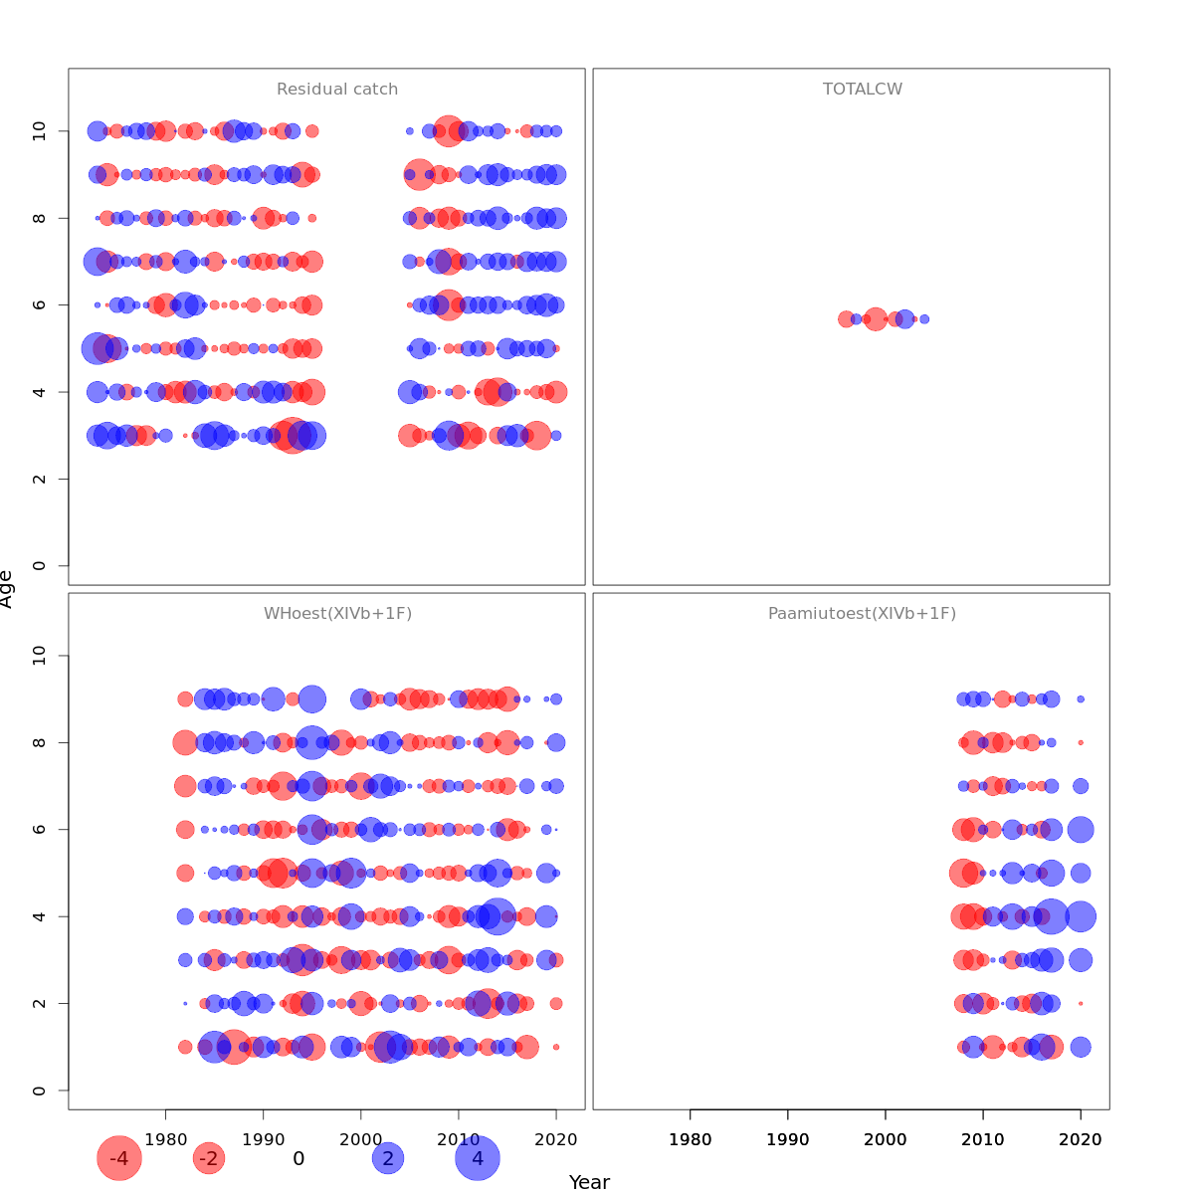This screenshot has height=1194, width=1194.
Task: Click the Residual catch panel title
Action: (x=337, y=90)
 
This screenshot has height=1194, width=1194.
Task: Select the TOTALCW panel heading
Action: (x=863, y=90)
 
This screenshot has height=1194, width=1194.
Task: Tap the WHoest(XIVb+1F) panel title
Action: (x=337, y=614)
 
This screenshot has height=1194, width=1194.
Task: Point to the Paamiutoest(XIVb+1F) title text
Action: (x=862, y=614)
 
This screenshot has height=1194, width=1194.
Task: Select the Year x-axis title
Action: (x=589, y=1182)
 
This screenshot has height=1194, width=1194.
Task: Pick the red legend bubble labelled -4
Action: (x=119, y=1158)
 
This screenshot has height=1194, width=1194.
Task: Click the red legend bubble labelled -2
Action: (x=209, y=1158)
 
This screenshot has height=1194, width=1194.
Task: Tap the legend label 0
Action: (x=298, y=1158)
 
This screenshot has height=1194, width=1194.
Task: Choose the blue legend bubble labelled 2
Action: (x=388, y=1158)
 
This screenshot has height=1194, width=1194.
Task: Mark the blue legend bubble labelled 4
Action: (x=478, y=1158)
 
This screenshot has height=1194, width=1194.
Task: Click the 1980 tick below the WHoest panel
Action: (x=165, y=1139)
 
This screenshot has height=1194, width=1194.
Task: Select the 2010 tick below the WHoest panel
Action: (x=458, y=1139)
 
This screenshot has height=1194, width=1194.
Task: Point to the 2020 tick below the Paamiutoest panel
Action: (x=1081, y=1139)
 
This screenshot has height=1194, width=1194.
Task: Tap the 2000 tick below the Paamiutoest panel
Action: (x=886, y=1139)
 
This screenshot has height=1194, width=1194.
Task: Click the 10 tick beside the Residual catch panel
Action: (x=40, y=130)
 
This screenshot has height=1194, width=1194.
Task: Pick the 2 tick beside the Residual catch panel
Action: (x=40, y=479)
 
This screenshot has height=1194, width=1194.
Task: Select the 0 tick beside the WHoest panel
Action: (x=40, y=1091)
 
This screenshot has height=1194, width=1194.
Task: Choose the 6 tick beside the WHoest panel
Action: (x=40, y=829)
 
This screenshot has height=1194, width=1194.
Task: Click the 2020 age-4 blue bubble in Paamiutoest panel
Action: (x=1081, y=916)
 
